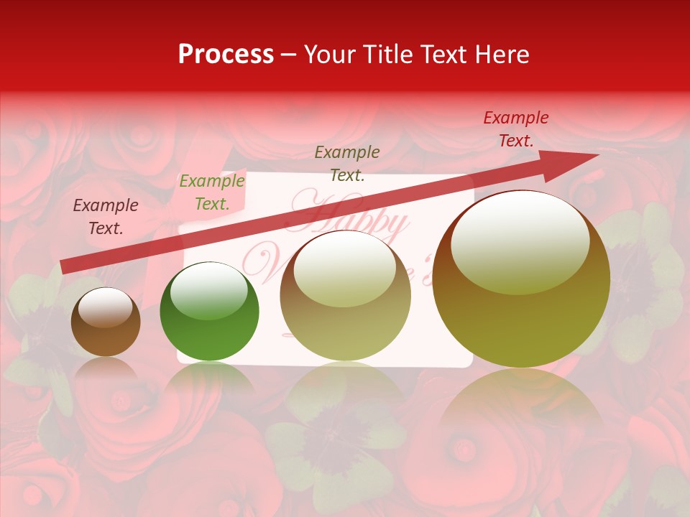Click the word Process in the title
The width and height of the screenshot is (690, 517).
pos(226,55)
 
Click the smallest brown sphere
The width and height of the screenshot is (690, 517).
pos(106,322)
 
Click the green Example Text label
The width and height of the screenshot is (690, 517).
pos(211,192)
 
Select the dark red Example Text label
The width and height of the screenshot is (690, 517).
pos(515,129)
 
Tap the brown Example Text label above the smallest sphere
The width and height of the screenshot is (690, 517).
pos(106,217)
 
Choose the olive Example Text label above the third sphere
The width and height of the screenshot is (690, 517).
pos(347,163)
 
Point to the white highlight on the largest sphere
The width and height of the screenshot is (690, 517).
pos(520,241)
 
